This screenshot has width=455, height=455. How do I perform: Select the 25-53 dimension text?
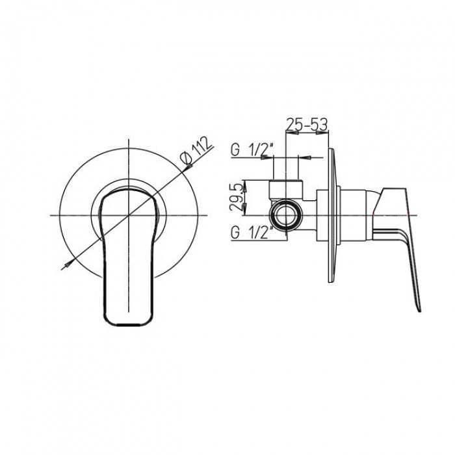pyautogui.click(x=307, y=125)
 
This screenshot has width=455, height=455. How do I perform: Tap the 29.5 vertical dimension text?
pyautogui.click(x=235, y=198)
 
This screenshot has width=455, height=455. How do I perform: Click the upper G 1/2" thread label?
pyautogui.click(x=252, y=150)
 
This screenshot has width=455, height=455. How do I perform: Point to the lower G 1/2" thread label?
pyautogui.click(x=252, y=233)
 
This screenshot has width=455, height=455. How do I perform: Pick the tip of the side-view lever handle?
pyautogui.click(x=419, y=311)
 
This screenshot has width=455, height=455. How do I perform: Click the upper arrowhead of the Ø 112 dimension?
pyautogui.click(x=189, y=166)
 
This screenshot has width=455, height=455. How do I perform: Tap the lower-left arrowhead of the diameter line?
pyautogui.click(x=68, y=265)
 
